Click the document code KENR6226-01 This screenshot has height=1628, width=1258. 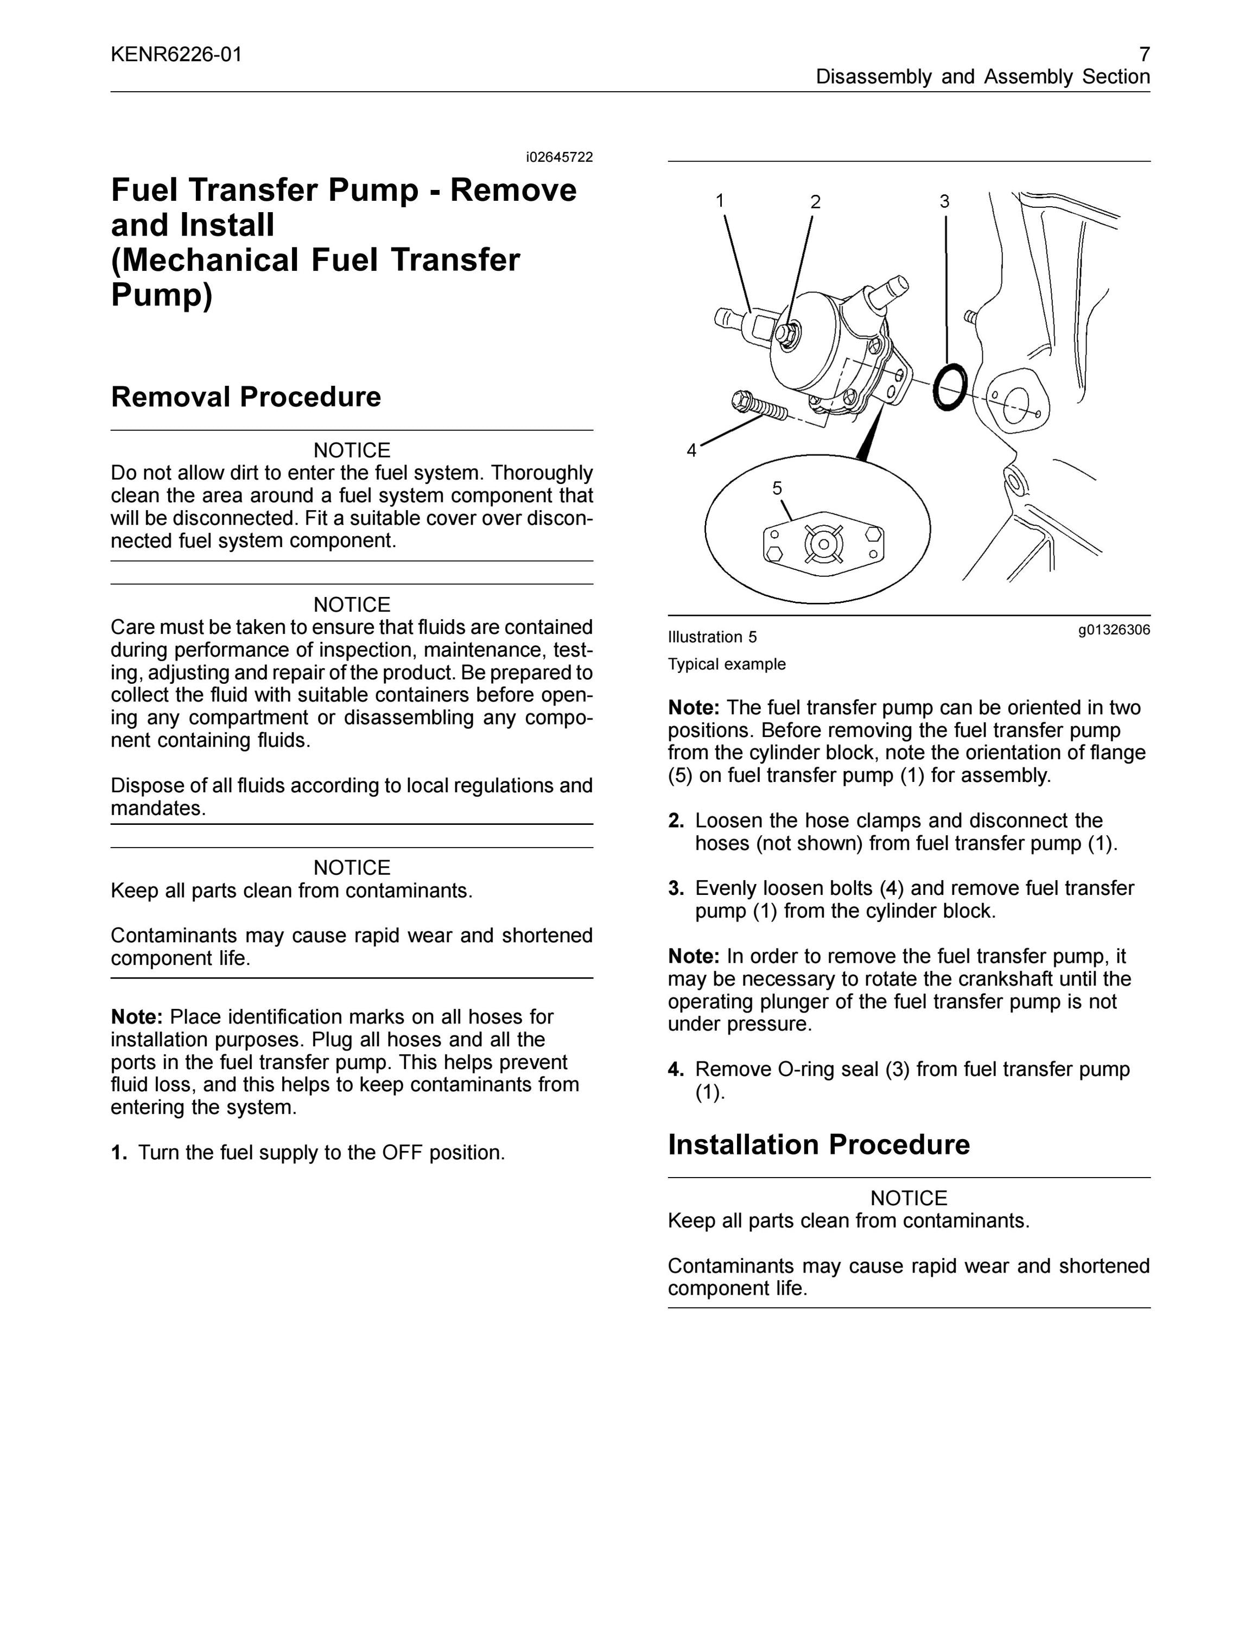click(176, 54)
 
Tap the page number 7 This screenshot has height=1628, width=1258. click(1145, 54)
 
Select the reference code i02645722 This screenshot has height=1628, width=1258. click(559, 157)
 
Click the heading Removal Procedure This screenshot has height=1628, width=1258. click(246, 397)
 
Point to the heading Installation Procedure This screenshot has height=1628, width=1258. click(819, 1144)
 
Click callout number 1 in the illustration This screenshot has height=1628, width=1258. click(720, 201)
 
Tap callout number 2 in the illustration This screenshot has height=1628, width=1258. click(815, 202)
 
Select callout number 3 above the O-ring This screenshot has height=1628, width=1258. click(944, 201)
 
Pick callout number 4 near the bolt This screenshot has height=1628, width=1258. click(691, 450)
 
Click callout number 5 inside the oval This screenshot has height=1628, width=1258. click(777, 488)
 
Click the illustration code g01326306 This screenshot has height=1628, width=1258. click(1114, 630)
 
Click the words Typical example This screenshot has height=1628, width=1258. click(727, 664)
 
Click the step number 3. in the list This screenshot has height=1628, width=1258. click(676, 888)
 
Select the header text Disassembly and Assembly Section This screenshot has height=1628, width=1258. click(983, 77)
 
